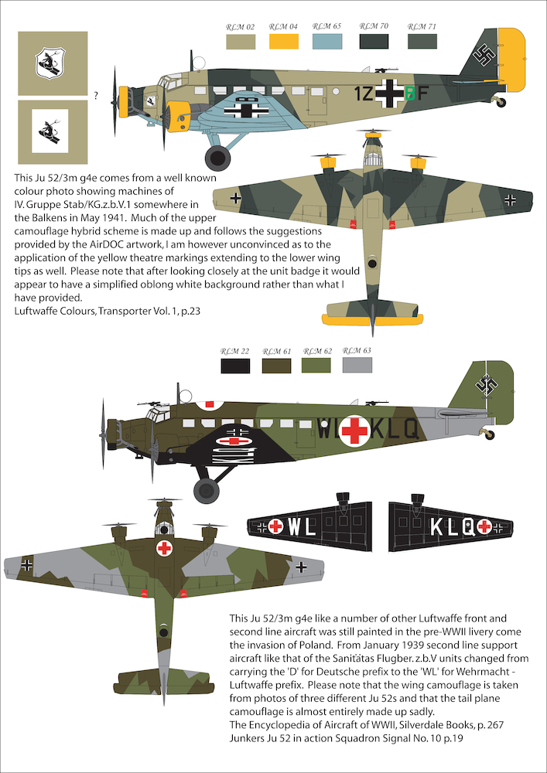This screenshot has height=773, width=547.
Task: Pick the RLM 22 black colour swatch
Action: (235, 366)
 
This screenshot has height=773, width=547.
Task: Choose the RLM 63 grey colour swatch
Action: (357, 366)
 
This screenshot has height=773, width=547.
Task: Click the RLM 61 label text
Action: (276, 352)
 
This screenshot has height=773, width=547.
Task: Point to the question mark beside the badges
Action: (96, 96)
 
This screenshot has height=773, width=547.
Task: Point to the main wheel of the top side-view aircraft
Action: (217, 158)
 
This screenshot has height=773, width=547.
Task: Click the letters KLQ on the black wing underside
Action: (451, 527)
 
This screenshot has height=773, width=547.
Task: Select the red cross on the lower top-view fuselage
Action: (164, 549)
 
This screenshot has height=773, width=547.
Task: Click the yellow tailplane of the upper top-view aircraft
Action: (371, 320)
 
